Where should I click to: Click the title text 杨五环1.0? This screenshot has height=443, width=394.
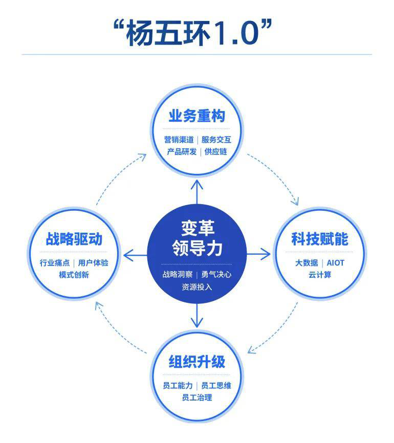tap(192, 33)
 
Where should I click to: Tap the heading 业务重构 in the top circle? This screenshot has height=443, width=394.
tap(196, 116)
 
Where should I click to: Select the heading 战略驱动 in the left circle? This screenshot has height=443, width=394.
tap(74, 239)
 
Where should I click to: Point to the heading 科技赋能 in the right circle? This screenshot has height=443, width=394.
tap(320, 239)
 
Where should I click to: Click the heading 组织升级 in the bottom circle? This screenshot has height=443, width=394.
tap(196, 362)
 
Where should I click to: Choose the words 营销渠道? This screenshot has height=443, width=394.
tap(179, 140)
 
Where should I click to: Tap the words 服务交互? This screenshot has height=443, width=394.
tap(216, 140)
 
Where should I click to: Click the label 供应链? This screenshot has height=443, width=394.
tap(215, 152)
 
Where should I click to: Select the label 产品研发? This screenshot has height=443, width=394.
tap(182, 152)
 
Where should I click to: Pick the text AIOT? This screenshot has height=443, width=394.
tap(336, 263)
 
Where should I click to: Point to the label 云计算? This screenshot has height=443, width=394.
tap(320, 275)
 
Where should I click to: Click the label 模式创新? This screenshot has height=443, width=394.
tap(74, 275)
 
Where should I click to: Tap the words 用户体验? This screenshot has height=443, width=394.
tap(93, 263)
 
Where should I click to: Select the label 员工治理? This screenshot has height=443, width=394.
tap(196, 397)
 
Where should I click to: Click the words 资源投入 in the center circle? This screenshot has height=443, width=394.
tap(196, 287)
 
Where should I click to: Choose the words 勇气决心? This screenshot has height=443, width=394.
tap(216, 274)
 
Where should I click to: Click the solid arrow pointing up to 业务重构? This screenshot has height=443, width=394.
tap(196, 192)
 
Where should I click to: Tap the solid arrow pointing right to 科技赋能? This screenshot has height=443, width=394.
tap(258, 254)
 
